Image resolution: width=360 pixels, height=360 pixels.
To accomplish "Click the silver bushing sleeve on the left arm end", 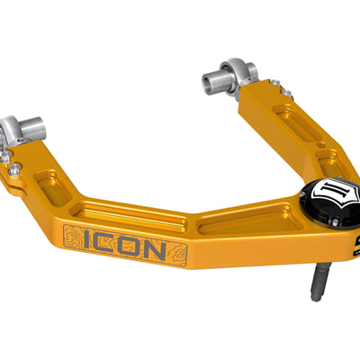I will coord(20,125).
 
